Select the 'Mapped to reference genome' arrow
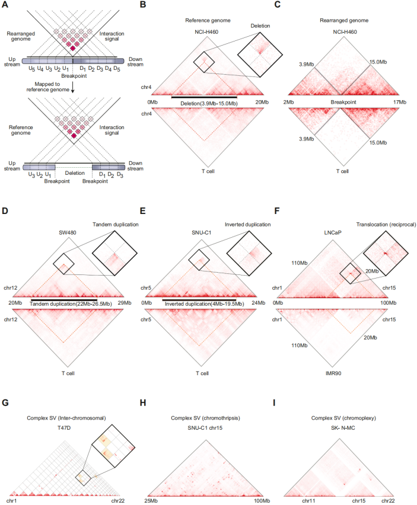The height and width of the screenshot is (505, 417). point(72,89)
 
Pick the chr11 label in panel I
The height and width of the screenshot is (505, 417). point(308,501)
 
